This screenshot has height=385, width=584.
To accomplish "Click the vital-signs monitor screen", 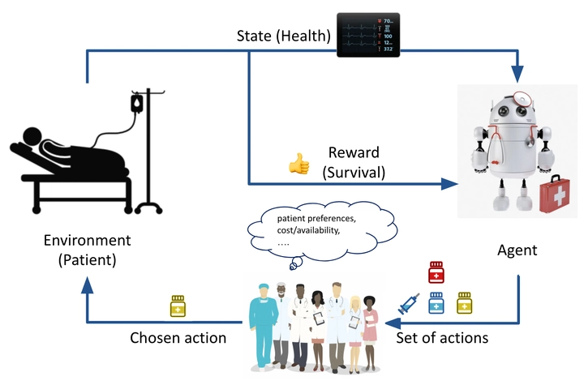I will point(368,32).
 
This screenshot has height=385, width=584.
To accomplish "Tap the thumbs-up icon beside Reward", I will point(299,163).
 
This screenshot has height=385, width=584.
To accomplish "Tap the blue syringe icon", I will point(410,303).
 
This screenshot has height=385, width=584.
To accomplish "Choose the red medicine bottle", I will point(438,272).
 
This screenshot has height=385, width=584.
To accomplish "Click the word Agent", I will point(517,250).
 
